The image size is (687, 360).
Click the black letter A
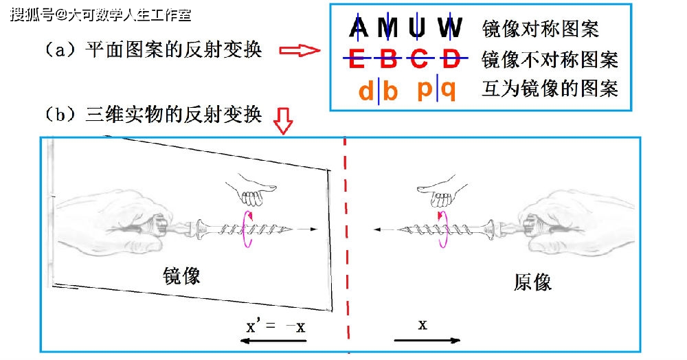[x=359, y=27]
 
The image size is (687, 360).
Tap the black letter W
[x=451, y=27]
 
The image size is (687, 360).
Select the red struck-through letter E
[x=357, y=58]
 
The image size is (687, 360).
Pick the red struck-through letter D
[x=451, y=58]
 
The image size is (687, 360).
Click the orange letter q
[x=448, y=91]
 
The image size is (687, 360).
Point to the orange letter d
[x=366, y=91]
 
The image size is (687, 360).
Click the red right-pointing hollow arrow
[x=300, y=50]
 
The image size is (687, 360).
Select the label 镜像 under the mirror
[x=181, y=276]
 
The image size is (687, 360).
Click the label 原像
[x=532, y=282]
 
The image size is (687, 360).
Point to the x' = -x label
[x=275, y=326]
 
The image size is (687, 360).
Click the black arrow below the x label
[x=427, y=340]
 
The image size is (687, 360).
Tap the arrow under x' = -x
[x=274, y=341]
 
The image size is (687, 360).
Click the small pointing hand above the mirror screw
[x=251, y=189]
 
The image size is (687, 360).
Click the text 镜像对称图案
[x=540, y=29]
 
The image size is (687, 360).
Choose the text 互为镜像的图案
[x=550, y=89]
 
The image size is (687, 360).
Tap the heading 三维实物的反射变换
[x=174, y=115]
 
